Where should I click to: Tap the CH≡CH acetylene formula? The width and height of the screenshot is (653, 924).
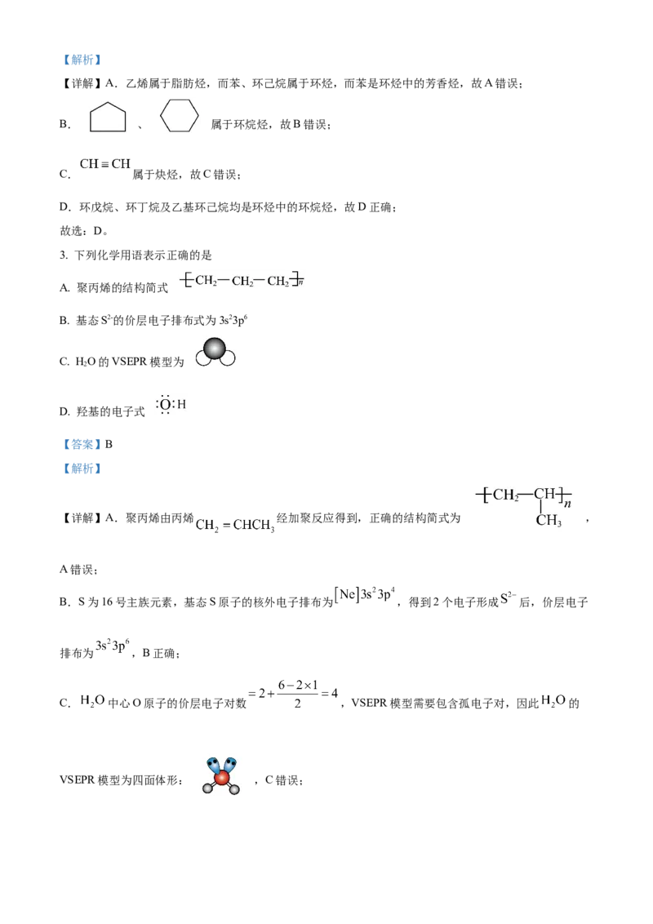point(105,164)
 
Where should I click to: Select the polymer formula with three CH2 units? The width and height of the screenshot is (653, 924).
point(242,280)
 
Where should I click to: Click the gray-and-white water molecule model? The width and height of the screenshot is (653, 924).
point(215,352)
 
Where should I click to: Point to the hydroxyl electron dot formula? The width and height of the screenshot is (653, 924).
point(171,404)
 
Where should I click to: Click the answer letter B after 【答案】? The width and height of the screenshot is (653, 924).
point(109,444)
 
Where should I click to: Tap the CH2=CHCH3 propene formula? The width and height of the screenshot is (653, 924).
point(235,525)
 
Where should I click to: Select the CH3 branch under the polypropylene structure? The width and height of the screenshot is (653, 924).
point(548,520)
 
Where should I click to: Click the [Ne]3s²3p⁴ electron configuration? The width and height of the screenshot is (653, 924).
point(364,594)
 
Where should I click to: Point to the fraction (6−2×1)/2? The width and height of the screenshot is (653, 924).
point(298,694)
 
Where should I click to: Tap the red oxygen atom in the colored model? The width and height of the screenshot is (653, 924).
point(221,779)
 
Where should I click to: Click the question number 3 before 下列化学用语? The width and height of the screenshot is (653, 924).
point(63,255)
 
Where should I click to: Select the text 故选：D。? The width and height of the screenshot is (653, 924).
point(84,231)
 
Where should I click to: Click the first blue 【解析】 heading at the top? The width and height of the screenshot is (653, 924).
point(82,60)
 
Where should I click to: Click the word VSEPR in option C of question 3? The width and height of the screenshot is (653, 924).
point(128,362)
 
